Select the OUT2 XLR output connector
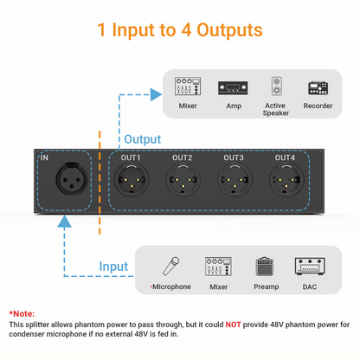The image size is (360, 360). point(182,182)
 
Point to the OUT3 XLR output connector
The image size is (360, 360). point(234,182)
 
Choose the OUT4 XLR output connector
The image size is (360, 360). point(285,182)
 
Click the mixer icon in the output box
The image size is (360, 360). point(188,87)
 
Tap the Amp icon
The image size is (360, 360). point(233,87)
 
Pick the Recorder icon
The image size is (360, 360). point(319,87)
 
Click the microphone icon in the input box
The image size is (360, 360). point(173,266)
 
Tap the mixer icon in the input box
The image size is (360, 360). point(218,266)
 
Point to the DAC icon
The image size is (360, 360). point(309,266)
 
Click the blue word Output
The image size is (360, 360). point(142,138)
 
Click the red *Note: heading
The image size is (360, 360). point(22,312)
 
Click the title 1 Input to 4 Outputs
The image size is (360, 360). point(180,30)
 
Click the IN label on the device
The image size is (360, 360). point(45,158)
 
